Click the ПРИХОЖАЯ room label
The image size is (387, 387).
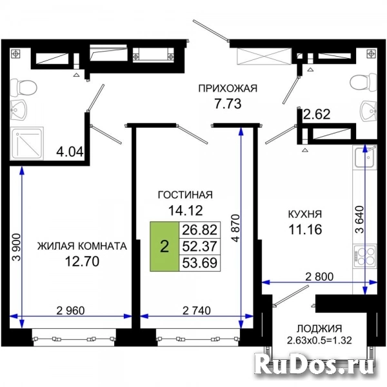tap(228, 88)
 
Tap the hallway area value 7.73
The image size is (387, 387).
tap(228, 104)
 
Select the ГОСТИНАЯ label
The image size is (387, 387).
tap(185, 195)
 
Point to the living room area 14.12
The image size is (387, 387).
tap(185, 210)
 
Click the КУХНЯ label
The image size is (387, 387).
tap(305, 214)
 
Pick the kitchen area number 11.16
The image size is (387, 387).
tap(305, 230)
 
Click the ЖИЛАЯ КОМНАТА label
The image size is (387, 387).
tap(82, 246)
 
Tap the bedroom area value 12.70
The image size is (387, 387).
tap(82, 261)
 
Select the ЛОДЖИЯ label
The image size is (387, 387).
tap(319, 329)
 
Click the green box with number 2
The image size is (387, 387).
tap(164, 246)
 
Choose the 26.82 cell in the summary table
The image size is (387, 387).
tap(200, 230)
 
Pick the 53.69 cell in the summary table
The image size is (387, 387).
tap(200, 263)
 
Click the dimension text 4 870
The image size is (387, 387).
tap(236, 228)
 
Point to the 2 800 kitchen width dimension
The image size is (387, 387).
tap(319, 277)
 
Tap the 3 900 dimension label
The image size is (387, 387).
tap(17, 247)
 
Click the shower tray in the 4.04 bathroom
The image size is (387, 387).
tap(26, 143)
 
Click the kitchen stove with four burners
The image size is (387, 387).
tap(365, 256)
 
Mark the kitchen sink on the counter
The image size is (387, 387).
tap(365, 157)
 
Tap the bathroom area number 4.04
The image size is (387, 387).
tap(70, 152)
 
